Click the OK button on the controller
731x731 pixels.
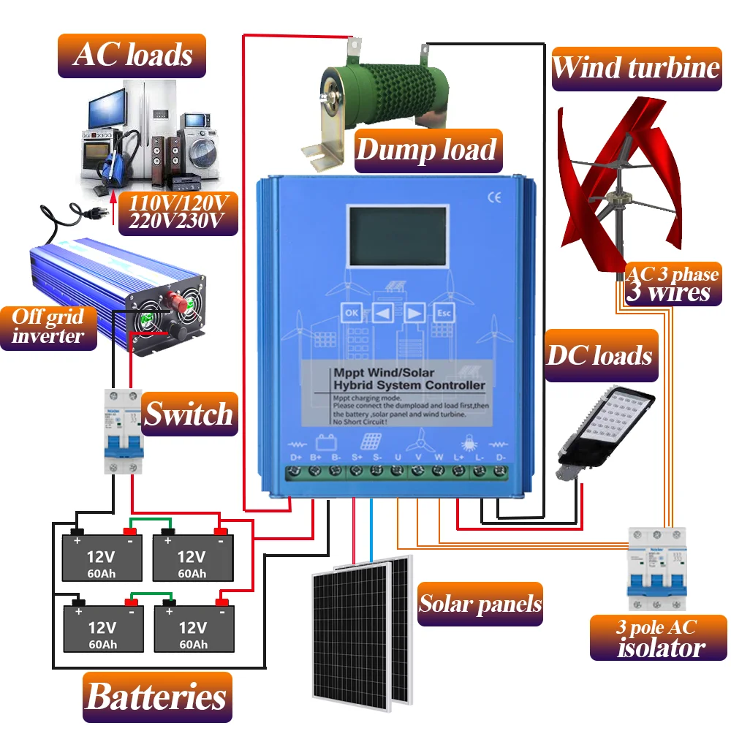[x=351, y=313]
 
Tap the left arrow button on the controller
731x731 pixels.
[x=382, y=313]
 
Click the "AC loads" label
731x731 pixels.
[x=132, y=54]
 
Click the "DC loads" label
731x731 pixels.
[x=599, y=355]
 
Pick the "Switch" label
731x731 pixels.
[x=189, y=414]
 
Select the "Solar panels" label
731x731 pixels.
[x=480, y=604]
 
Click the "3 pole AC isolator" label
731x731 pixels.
[x=658, y=637]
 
